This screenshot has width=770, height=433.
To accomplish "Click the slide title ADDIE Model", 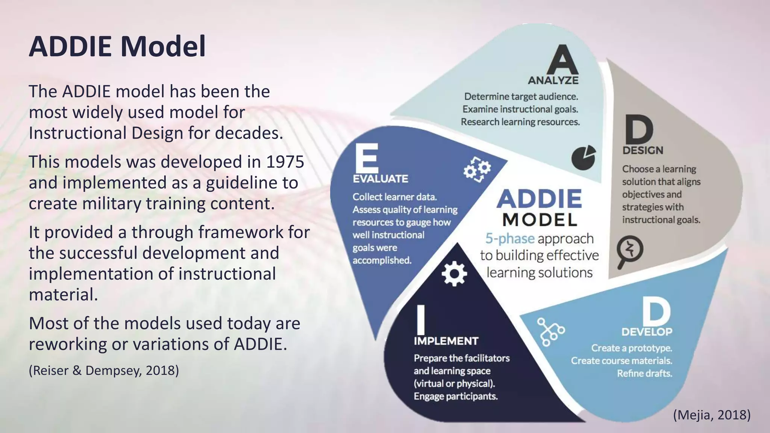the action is coord(117,47).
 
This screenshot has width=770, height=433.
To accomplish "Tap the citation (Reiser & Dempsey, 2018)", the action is coord(104,371).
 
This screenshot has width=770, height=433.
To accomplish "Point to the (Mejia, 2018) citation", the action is coord(712,415).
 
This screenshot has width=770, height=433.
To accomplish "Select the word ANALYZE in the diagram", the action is coord(553,80).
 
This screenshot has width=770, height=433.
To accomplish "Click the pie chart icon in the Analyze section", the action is coord(584,157).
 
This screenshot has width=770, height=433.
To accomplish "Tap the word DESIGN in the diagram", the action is coord(643,150).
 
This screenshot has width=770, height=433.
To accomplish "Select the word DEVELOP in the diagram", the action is coord(647,332).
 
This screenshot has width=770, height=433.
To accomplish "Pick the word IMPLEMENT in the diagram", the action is coord(446,341).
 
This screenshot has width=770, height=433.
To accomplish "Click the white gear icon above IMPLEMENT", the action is coord(454,274).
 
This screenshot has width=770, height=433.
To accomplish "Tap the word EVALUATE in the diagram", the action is coord(380,179).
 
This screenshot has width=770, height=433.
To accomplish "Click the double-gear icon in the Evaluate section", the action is coord(477,169).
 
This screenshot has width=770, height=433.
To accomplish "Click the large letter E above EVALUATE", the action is coord(367,158).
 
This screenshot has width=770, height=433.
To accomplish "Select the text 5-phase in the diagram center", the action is coord(510,239).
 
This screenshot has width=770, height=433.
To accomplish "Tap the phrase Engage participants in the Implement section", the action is coord(456,396).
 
